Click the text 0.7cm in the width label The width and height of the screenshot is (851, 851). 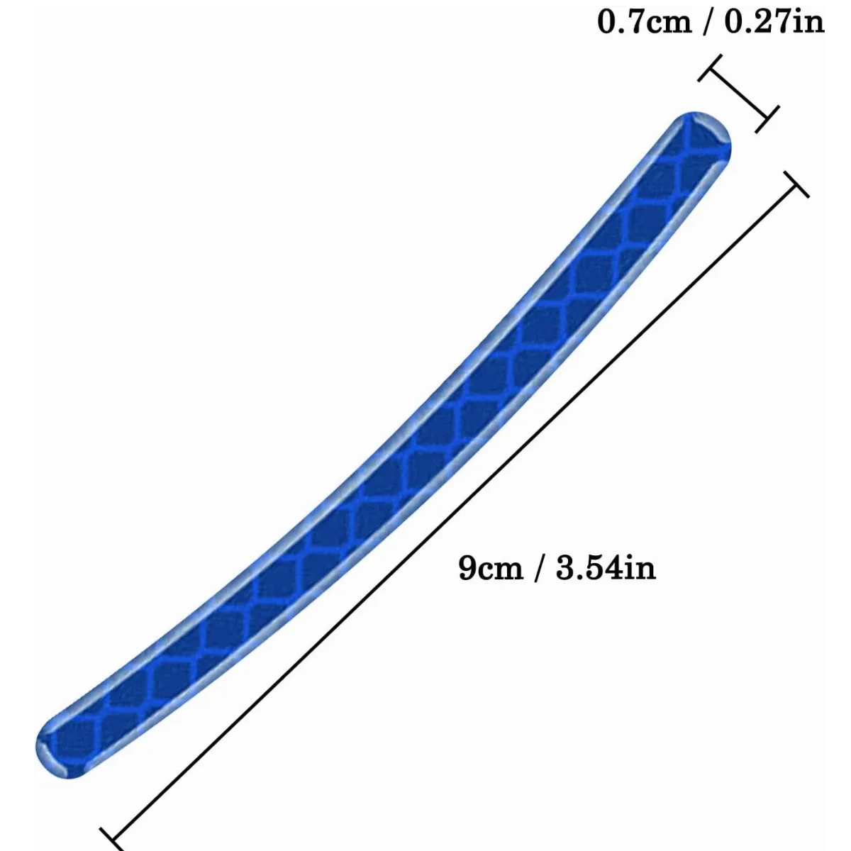click(645, 22)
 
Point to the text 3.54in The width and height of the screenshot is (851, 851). click(606, 567)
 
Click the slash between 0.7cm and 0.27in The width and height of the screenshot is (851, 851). click(708, 23)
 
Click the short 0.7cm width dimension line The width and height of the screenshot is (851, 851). click(738, 94)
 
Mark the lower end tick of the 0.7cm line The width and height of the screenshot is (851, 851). click(767, 119)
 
